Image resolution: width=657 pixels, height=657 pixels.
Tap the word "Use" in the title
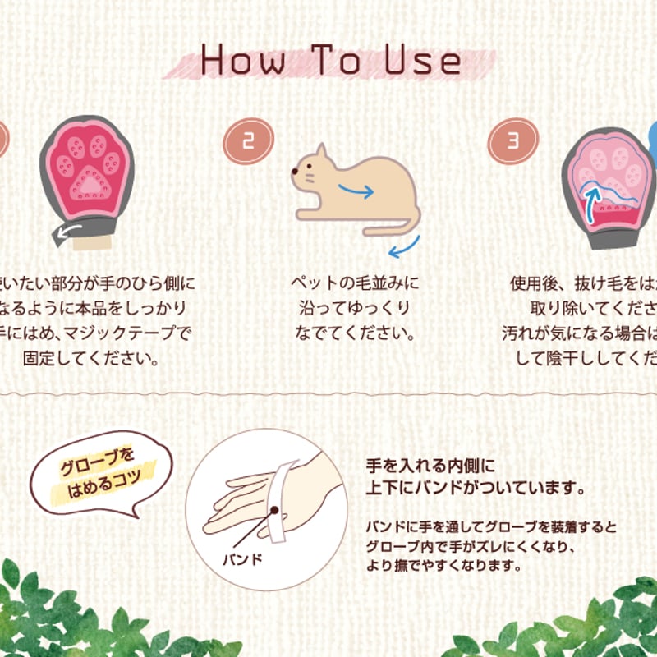tap(422, 61)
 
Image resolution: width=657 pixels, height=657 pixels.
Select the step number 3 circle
tap(512, 141)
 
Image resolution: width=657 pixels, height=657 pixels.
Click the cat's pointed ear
tap(322, 153)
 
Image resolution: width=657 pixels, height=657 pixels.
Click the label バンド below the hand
tap(242, 560)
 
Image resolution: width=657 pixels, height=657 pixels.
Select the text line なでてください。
tap(355, 334)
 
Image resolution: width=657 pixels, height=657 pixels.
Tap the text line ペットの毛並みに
tap(355, 283)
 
